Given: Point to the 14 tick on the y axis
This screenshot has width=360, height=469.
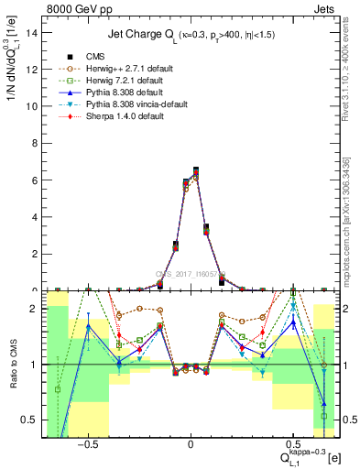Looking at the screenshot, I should click(32, 32).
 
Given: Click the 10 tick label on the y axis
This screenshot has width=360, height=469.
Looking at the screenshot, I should click(32, 106).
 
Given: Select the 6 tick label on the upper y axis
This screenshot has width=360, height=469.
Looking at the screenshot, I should click(35, 180).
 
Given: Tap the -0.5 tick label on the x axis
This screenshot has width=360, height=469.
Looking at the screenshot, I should click(88, 444).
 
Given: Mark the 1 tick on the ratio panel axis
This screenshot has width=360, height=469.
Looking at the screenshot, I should click(35, 365).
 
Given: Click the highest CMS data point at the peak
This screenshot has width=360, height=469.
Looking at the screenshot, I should click(197, 170).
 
